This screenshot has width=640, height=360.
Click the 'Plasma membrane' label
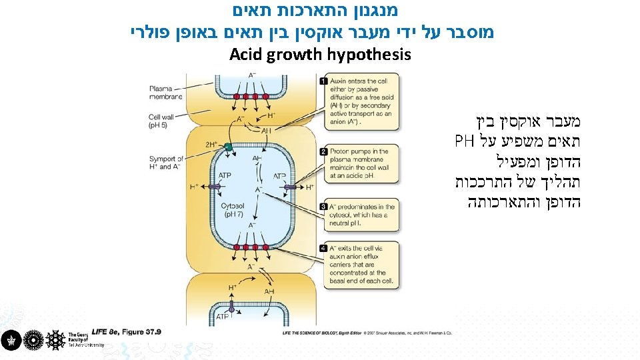pyautogui.click(x=166, y=92)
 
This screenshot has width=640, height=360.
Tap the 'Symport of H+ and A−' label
pyautogui.click(x=166, y=163)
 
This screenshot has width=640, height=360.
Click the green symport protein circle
pyautogui.click(x=229, y=146)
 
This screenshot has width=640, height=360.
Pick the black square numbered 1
pyautogui.click(x=324, y=81)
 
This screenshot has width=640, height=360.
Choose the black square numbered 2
pyautogui.click(x=324, y=152)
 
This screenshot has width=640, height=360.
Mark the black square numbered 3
pyautogui.click(x=324, y=207)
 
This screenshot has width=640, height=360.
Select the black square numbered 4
pyautogui.click(x=324, y=248)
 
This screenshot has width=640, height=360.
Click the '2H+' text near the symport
pyautogui.click(x=212, y=144)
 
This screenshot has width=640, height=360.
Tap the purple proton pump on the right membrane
pyautogui.click(x=291, y=188)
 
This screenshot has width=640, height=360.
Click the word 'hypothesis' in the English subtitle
pyautogui.click(x=369, y=54)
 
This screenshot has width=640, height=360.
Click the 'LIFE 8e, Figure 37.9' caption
pyautogui.click(x=126, y=331)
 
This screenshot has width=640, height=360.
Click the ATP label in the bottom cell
pyautogui.click(x=221, y=317)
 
